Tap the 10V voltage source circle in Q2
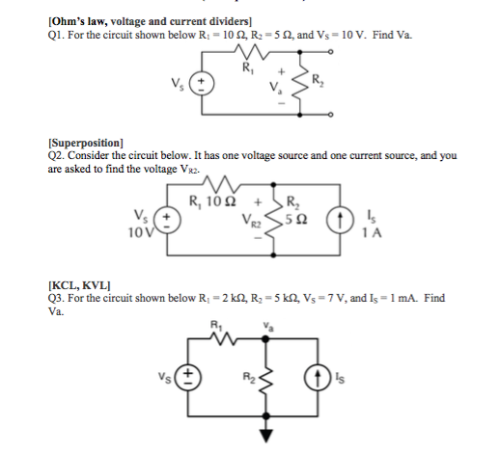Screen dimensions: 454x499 coord(168,221)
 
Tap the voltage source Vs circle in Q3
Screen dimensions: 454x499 coord(191,376)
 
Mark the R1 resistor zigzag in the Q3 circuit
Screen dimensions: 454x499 coord(229,339)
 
